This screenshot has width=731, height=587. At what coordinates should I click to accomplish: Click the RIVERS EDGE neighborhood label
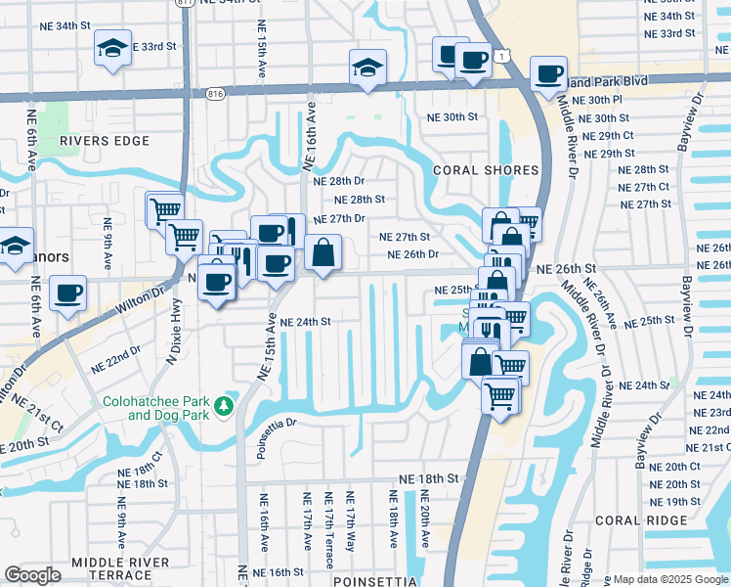click(x=105, y=141)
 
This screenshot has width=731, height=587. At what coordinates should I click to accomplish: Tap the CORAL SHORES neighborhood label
click(x=486, y=170)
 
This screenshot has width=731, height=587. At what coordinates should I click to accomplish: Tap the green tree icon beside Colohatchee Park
click(x=226, y=405)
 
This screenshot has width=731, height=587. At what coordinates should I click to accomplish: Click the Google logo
click(x=32, y=575)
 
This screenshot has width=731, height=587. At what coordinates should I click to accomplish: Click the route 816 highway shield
click(x=216, y=93)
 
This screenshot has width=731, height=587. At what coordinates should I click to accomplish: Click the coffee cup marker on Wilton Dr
click(x=67, y=293)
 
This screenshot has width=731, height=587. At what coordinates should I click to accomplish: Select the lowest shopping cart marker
click(x=500, y=395)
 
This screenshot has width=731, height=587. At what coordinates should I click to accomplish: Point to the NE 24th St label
click(x=306, y=321)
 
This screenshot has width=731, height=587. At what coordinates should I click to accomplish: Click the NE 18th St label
click(x=428, y=478)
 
